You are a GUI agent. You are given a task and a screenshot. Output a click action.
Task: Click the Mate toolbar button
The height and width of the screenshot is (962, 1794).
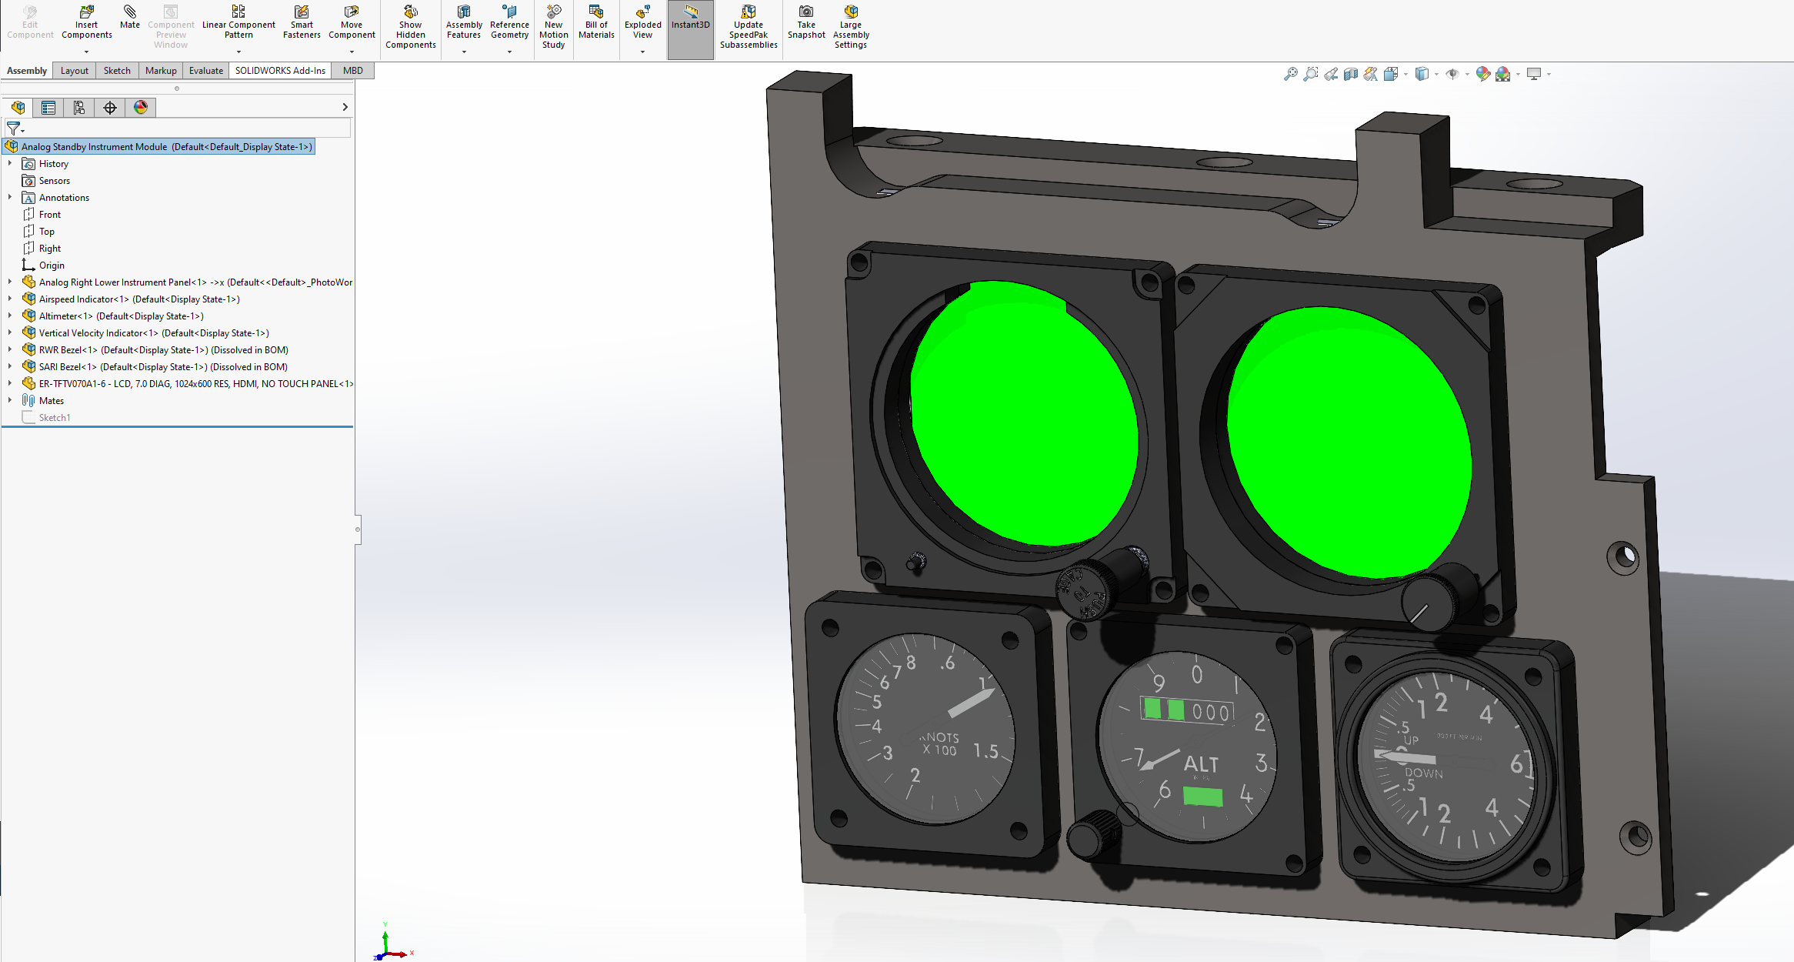[x=129, y=17]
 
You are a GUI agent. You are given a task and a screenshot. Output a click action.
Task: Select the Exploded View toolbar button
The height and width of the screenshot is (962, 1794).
[x=642, y=23]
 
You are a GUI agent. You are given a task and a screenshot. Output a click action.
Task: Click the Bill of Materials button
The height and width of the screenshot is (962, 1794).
[x=596, y=23]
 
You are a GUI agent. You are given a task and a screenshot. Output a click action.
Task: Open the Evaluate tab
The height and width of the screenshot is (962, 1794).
[x=205, y=71]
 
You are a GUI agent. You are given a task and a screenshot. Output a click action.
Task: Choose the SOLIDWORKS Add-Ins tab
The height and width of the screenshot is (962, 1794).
[x=280, y=71]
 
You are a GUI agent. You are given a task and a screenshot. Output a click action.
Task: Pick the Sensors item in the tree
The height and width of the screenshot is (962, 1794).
[x=54, y=181]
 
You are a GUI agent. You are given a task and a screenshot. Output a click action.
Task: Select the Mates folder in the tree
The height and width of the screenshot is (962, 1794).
[x=51, y=401]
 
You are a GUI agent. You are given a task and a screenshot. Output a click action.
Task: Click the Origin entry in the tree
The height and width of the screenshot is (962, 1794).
[x=52, y=266]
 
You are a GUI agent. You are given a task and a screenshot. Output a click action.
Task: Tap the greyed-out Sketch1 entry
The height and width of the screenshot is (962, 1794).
[x=54, y=418]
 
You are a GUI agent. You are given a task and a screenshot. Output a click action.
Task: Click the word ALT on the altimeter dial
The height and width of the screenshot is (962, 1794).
[x=1201, y=764]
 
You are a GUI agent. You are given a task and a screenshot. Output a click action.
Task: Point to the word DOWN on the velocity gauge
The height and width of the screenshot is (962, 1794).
[x=1423, y=773]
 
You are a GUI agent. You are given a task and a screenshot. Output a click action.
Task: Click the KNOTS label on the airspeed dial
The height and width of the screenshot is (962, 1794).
[x=940, y=737]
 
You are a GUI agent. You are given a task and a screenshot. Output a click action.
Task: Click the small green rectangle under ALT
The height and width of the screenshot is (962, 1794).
[x=1202, y=796]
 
